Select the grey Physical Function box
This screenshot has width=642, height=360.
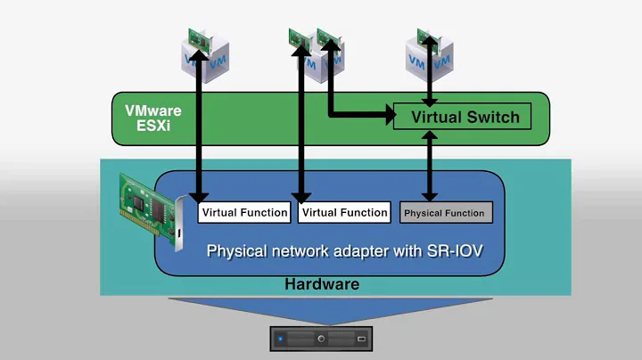click(x=444, y=213)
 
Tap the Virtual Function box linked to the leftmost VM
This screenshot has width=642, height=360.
click(x=244, y=212)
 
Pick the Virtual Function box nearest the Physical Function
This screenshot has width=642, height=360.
click(x=344, y=212)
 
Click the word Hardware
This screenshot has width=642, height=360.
click(x=321, y=284)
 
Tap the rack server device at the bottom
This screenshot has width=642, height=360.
click(x=321, y=340)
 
